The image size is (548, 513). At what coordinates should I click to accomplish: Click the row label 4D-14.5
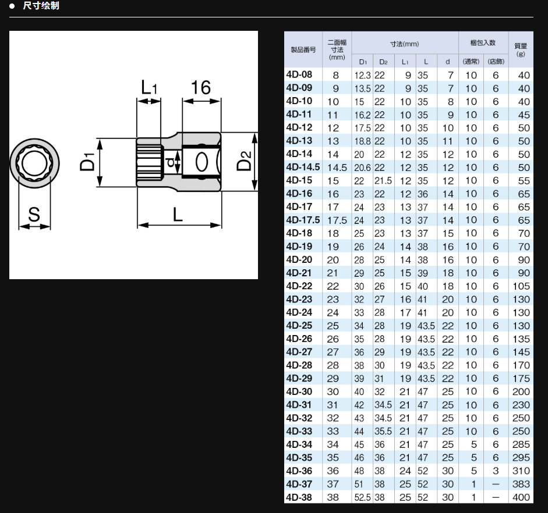click(303, 167)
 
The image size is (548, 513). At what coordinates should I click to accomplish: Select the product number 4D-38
click(299, 497)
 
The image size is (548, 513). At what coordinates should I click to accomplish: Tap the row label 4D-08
click(299, 74)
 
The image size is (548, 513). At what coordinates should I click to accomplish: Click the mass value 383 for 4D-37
click(521, 484)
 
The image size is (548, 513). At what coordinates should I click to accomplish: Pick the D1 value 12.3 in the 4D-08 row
click(362, 76)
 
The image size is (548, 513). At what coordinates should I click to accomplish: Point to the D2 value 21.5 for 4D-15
click(383, 181)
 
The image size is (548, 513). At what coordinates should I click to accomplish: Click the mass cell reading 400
click(521, 497)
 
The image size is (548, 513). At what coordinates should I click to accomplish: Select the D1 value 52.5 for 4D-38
click(362, 497)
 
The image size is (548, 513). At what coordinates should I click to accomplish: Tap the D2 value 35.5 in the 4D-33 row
click(383, 432)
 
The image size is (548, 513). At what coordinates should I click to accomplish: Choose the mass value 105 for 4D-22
click(521, 286)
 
